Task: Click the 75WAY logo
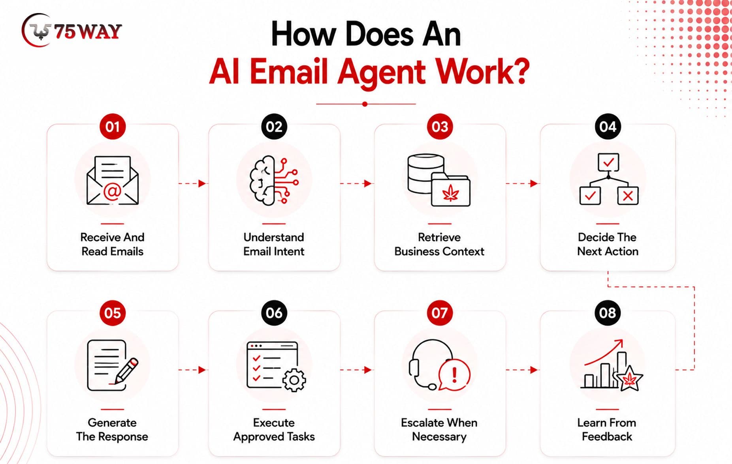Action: click(x=72, y=30)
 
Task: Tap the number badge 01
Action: click(x=113, y=127)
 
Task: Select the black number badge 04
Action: click(x=608, y=127)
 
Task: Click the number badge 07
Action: click(x=440, y=313)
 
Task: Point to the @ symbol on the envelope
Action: click(x=112, y=192)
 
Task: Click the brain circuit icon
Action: click(x=274, y=180)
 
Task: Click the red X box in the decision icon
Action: click(x=628, y=196)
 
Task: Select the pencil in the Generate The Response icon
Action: click(x=126, y=370)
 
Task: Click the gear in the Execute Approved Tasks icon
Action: click(x=294, y=380)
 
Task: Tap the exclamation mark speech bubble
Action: click(x=454, y=375)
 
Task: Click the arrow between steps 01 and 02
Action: click(x=192, y=183)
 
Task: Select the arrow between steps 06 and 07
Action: click(x=356, y=370)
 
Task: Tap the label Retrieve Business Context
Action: click(x=439, y=244)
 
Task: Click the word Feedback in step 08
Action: click(x=607, y=436)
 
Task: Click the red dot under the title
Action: click(x=365, y=104)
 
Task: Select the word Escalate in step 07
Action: click(x=420, y=423)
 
